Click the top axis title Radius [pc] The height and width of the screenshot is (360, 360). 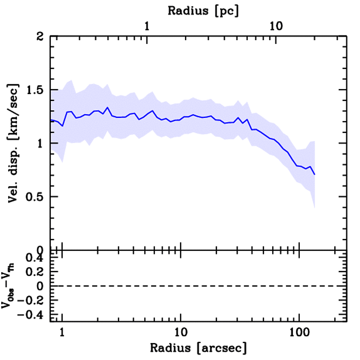point(203,11)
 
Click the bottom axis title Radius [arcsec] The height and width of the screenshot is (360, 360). point(198,348)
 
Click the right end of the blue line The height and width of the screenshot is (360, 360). point(315,174)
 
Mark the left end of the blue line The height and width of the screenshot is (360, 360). point(51,120)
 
